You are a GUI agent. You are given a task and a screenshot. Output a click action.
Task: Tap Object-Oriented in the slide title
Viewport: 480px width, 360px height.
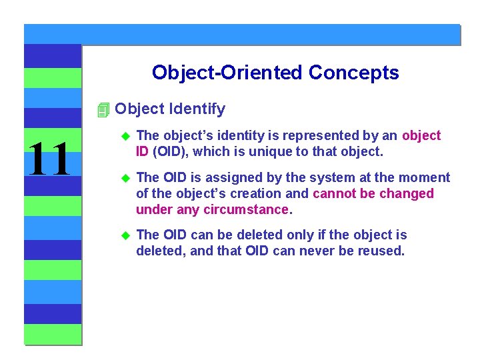(x=227, y=72)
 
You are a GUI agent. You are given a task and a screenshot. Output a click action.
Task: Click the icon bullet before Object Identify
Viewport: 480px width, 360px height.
(x=103, y=109)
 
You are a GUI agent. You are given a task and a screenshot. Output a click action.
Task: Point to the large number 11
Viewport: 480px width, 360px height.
(x=47, y=159)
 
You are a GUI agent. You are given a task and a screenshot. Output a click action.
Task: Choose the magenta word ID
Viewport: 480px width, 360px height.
(x=143, y=151)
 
